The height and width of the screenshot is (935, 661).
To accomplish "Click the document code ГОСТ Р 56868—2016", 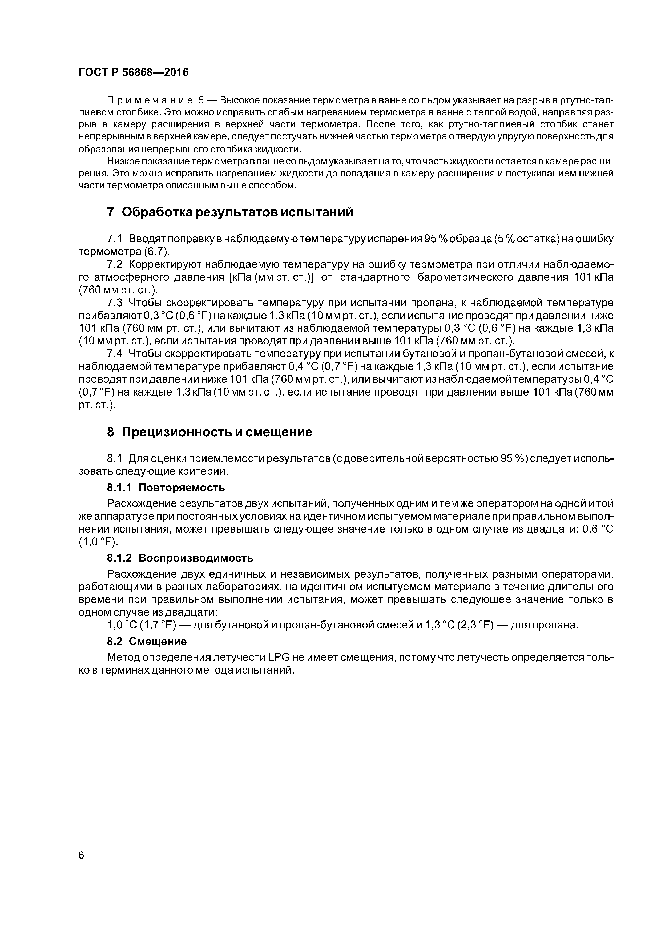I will [134, 72].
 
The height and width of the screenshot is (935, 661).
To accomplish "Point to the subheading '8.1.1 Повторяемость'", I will [165, 487].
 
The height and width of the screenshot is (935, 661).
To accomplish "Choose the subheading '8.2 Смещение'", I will [146, 641].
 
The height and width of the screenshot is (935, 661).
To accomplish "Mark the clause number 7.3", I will [114, 303].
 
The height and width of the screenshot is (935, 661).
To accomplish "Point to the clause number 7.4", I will [114, 354].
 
